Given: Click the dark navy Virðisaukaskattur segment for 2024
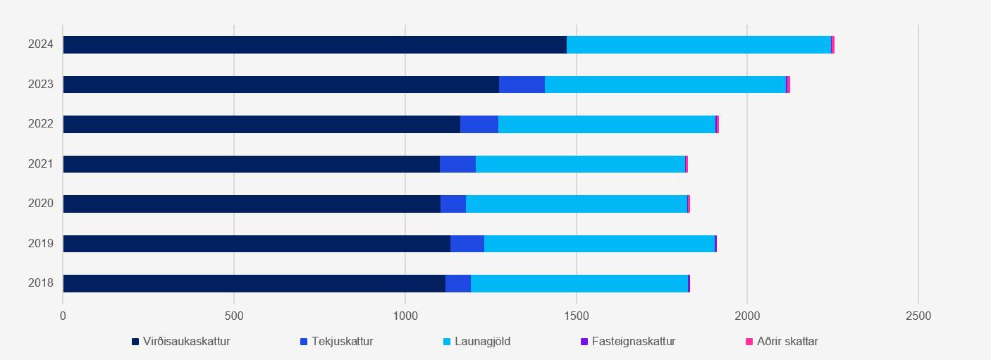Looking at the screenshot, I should point(314,44).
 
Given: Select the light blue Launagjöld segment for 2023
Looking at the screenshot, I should point(665,85).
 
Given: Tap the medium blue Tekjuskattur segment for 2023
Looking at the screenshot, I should point(522,85).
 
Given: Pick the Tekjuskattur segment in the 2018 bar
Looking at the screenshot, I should point(458,283).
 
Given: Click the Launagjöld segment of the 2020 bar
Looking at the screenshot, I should point(577,204).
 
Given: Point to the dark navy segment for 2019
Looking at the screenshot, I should point(257,244).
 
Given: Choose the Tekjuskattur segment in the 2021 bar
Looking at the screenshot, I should point(457,164).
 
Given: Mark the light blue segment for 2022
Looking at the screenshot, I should point(607,124).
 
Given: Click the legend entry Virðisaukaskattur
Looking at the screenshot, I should point(186,342).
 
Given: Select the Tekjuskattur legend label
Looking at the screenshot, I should point(342,342).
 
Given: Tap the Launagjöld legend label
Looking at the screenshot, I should point(482,342).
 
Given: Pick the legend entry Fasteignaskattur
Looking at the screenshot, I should point(633,342).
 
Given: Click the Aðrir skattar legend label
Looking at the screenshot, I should point(787,342).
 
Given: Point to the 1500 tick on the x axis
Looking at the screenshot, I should point(577,316).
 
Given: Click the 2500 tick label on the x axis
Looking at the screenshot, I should point(918,316).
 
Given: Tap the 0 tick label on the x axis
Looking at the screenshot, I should point(63,316).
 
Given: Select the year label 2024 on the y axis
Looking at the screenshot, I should point(41,44).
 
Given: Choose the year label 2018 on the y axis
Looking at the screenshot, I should point(41,283).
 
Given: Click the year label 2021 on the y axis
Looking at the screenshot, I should point(41,164).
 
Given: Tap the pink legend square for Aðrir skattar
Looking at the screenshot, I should point(749,342).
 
